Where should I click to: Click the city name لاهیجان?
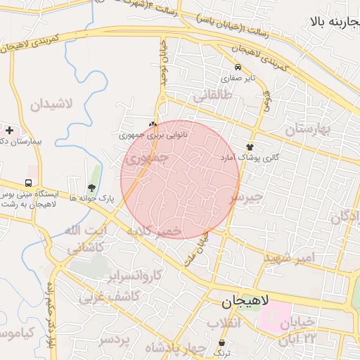(x=245, y=302)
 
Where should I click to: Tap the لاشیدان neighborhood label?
(x=52, y=105)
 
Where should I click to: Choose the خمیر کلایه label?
(x=155, y=231)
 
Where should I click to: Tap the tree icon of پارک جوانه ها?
(x=91, y=187)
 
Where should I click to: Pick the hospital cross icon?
(x=9, y=130)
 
